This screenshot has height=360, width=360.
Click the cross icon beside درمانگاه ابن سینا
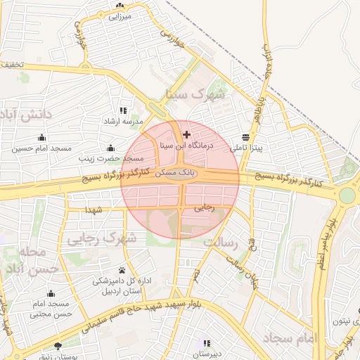[x=186, y=134]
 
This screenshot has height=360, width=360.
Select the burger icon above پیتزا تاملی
[x=245, y=136]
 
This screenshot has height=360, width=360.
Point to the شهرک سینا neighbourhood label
[x=202, y=93]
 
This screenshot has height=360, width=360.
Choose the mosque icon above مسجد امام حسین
[x=41, y=136]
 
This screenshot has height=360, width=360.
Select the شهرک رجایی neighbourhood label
[x=101, y=239]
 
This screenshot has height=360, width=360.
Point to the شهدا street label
[x=94, y=210]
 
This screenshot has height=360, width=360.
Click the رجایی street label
[x=204, y=207]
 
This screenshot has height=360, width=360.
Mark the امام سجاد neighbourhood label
[x=291, y=339]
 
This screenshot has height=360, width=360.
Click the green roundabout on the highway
[x=347, y=195]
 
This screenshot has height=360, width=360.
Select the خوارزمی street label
[x=172, y=40]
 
